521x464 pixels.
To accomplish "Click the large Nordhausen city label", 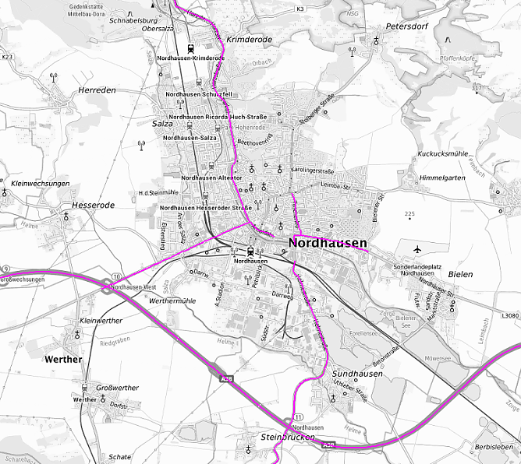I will click(328, 244).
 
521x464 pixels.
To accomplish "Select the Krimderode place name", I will click(249, 38).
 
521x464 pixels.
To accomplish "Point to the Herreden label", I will click(97, 90).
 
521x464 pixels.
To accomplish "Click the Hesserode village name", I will click(93, 206).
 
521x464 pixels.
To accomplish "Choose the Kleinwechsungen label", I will click(41, 184).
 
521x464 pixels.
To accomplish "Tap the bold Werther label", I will click(63, 360).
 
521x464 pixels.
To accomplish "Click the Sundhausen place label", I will click(357, 374).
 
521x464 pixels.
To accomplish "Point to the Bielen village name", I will click(461, 275).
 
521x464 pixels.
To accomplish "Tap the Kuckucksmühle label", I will click(442, 154).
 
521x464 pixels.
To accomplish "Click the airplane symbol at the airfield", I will click(418, 250).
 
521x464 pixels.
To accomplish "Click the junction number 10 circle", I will click(115, 277).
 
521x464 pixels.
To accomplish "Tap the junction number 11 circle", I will click(297, 417).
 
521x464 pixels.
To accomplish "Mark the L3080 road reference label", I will click(509, 315).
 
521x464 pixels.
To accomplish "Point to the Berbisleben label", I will click(494, 447).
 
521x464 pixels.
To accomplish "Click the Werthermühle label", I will click(172, 301).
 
